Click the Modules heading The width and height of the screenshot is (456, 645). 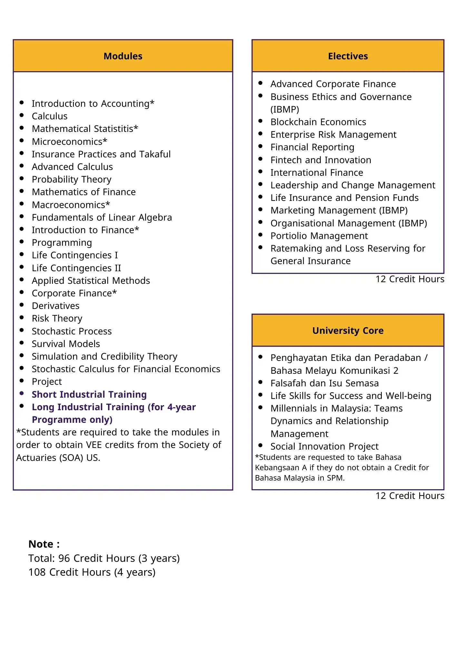pyautogui.click(x=123, y=56)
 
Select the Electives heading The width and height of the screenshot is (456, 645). pyautogui.click(x=348, y=56)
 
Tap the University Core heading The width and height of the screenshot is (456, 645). pyautogui.click(x=348, y=331)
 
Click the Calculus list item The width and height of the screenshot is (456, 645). pyautogui.click(x=50, y=116)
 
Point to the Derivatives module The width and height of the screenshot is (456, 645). pyautogui.click(x=55, y=306)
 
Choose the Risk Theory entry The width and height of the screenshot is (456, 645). pyautogui.click(x=57, y=318)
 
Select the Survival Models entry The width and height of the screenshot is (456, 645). pyautogui.click(x=66, y=344)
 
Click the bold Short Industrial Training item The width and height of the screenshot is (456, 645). pyautogui.click(x=89, y=394)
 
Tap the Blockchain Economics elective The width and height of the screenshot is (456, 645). pyautogui.click(x=318, y=122)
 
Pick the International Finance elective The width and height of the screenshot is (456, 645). pyautogui.click(x=317, y=173)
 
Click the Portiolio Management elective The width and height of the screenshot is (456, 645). pyautogui.click(x=319, y=236)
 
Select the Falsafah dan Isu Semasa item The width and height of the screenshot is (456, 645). pyautogui.click(x=324, y=383)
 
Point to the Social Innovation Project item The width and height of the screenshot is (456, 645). pyautogui.click(x=324, y=446)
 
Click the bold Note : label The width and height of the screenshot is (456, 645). pyautogui.click(x=44, y=544)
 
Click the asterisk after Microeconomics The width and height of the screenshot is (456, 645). pyautogui.click(x=105, y=141)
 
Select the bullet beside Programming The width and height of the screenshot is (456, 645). pyautogui.click(x=22, y=242)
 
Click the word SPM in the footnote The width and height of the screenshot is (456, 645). pyautogui.click(x=335, y=478)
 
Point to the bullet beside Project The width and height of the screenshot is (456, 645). pyautogui.click(x=22, y=381)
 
